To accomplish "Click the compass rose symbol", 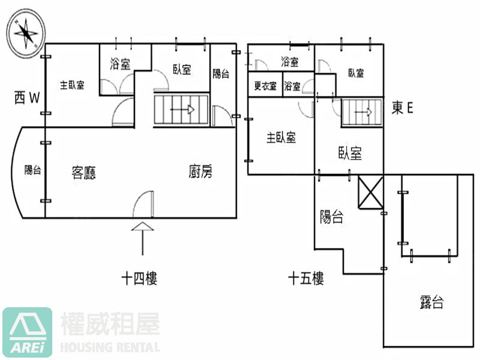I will [24, 32].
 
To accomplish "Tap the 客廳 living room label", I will [84, 173].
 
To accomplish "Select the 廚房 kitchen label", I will [200, 173].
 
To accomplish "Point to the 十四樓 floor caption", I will [139, 278].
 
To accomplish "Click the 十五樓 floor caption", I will [306, 278].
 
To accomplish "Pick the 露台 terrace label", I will [432, 302].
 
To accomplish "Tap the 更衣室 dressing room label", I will [265, 86].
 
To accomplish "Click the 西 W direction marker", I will [27, 98].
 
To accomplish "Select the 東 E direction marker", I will [403, 107].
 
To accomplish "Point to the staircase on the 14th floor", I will [182, 110].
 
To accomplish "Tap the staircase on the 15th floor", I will [362, 112].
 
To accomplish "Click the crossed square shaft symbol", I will [370, 193].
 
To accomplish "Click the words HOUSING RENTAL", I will [110, 347].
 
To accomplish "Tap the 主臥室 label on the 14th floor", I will [72, 85].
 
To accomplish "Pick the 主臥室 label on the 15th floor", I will [281, 137].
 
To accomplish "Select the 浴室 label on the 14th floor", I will [121, 64].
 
